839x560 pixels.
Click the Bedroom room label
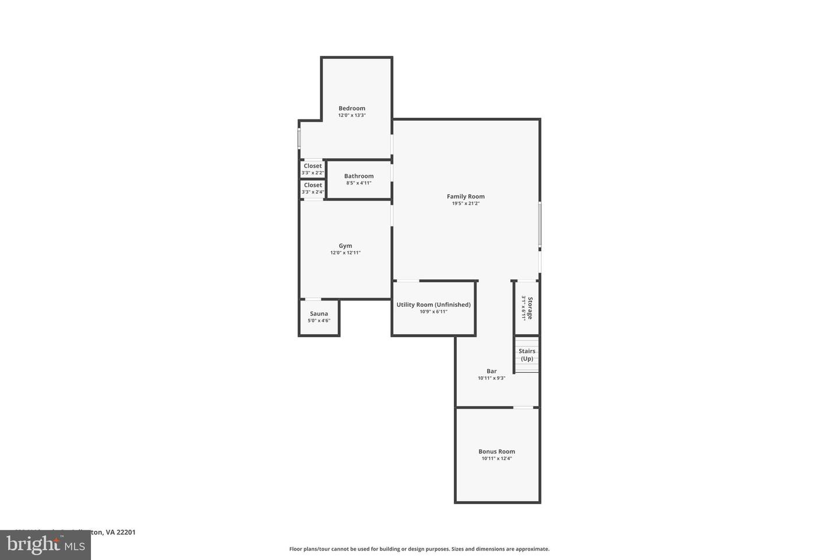click(352, 108)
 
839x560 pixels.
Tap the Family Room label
click(466, 197)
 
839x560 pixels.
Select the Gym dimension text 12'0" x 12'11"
click(346, 253)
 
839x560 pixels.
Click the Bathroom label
click(359, 176)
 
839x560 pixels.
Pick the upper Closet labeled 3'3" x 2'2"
click(313, 169)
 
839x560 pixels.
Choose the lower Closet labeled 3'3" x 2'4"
click(313, 188)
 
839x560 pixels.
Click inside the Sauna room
click(319, 317)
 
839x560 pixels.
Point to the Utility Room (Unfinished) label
click(433, 304)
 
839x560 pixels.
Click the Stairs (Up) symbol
click(527, 355)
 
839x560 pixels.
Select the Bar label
click(492, 371)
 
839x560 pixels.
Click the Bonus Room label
click(496, 451)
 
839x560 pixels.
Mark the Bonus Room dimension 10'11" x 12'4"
click(496, 459)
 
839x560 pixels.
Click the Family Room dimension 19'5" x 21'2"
click(466, 204)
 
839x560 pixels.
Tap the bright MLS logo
click(45, 545)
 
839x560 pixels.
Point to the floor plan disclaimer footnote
click(419, 549)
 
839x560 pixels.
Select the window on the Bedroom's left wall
click(299, 139)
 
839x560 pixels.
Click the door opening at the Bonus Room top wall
click(523, 407)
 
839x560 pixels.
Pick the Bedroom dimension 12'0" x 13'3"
click(352, 116)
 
